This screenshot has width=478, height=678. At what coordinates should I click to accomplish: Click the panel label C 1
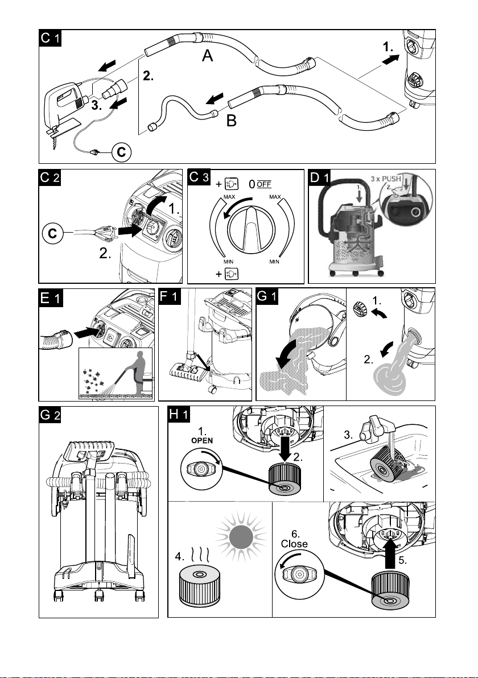[50, 38]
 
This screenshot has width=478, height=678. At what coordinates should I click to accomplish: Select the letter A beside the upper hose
[208, 56]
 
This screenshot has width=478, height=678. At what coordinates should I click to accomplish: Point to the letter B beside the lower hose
[232, 121]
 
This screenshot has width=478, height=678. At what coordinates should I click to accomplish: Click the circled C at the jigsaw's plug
[122, 152]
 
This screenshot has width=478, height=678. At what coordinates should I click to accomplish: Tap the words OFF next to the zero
[264, 184]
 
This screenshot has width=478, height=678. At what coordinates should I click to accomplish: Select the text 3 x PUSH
[386, 179]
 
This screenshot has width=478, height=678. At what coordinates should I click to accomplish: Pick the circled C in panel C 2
[52, 234]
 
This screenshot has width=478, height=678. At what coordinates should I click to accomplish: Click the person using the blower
[138, 373]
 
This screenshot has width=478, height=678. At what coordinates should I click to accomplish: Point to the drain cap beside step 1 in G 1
[360, 309]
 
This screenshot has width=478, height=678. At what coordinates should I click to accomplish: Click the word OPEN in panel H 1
[202, 440]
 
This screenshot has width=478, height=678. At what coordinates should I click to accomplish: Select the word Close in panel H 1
[294, 544]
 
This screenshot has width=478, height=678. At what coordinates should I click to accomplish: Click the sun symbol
[241, 536]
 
